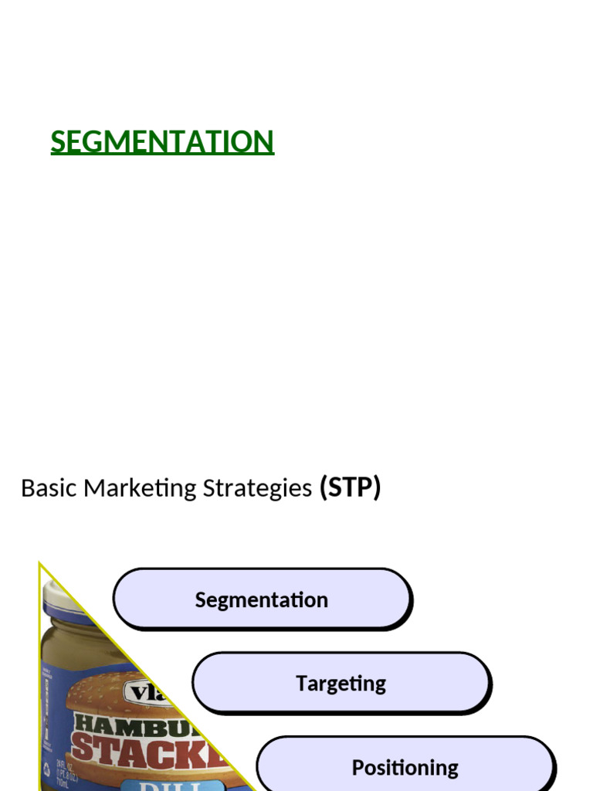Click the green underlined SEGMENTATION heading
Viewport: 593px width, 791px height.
(162, 142)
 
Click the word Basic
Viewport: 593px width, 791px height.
(49, 488)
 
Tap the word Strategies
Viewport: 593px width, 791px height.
(257, 488)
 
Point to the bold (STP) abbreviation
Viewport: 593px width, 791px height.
(350, 488)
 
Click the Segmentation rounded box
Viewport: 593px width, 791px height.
(262, 599)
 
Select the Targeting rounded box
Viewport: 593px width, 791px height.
(341, 683)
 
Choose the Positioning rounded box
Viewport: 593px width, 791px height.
(405, 767)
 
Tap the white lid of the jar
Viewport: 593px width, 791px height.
(59, 593)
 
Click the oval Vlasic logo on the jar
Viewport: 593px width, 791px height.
(147, 691)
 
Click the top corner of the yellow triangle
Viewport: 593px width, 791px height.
(40, 565)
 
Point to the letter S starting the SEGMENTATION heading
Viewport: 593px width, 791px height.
(58, 142)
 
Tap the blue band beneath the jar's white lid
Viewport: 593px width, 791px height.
(66, 614)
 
